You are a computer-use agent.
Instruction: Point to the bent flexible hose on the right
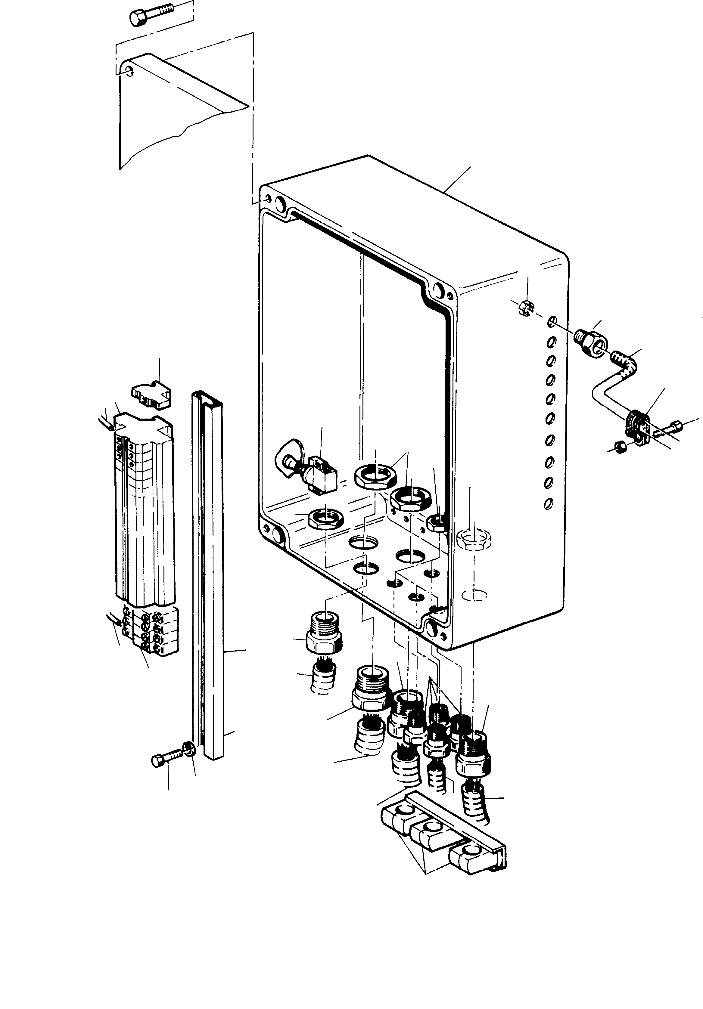coord(615,380)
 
